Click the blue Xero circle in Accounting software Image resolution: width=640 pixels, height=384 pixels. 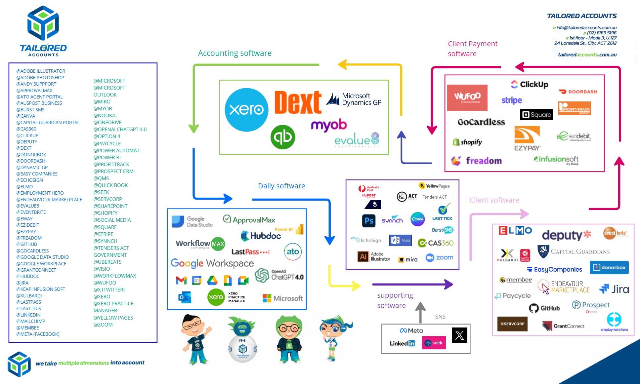(x=246, y=109)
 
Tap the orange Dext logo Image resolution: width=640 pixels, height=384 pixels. (x=298, y=102)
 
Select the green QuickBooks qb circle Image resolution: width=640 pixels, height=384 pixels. (x=283, y=137)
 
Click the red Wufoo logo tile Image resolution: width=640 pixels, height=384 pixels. (x=467, y=97)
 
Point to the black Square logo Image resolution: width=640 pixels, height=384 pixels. (x=536, y=115)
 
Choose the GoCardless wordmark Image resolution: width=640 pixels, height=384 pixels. (x=481, y=122)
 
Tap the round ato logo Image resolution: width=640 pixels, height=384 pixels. (x=293, y=251)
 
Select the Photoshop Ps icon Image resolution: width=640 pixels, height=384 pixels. (x=369, y=220)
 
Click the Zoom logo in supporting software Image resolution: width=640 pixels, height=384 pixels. (x=440, y=258)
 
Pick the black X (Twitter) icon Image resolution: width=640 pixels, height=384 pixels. (x=459, y=335)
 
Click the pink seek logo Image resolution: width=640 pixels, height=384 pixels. (x=434, y=343)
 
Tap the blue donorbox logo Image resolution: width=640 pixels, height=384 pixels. (x=609, y=267)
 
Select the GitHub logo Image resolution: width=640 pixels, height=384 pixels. (x=544, y=308)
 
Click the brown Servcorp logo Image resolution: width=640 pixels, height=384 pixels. (x=512, y=324)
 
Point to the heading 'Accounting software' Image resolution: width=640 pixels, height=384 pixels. (x=235, y=53)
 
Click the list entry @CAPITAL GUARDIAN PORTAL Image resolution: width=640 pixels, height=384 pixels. (x=48, y=123)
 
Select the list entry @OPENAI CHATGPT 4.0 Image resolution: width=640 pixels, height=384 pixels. (x=120, y=130)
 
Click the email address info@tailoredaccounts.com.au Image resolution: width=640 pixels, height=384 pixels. (x=586, y=28)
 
